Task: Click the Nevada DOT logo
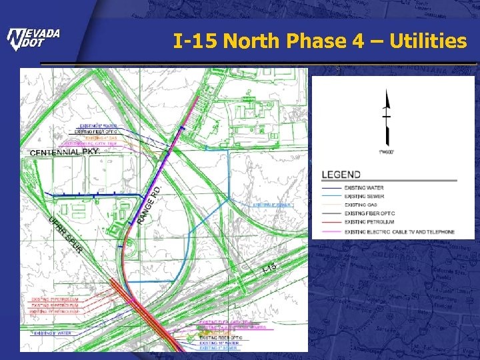point(33,39)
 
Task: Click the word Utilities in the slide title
point(426,41)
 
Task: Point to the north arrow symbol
point(385,117)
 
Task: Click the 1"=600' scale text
point(386,152)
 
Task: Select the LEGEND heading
point(341,175)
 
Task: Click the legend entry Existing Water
point(364,188)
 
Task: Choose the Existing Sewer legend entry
point(364,197)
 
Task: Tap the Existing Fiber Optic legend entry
point(370,214)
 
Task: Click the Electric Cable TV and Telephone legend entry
point(399,232)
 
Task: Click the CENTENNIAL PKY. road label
point(64,153)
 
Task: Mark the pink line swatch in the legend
point(331,232)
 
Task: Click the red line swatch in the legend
point(331,223)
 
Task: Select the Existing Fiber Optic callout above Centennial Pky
point(95,132)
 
